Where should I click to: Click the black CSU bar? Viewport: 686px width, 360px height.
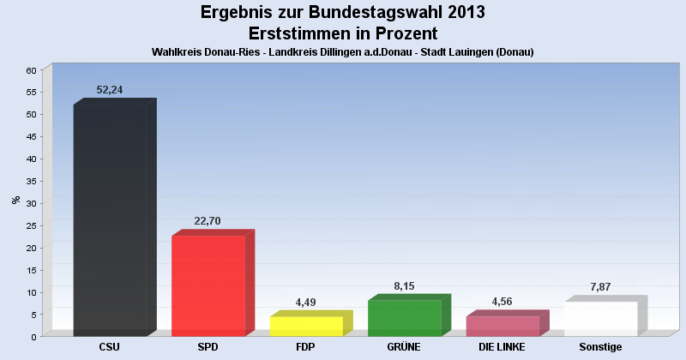tap(110, 220)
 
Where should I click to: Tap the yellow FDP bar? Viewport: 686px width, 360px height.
tap(306, 326)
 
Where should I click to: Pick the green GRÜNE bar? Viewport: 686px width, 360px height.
tap(404, 318)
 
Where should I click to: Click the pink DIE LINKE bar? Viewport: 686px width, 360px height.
tap(502, 326)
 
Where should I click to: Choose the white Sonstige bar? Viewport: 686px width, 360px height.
tap(600, 319)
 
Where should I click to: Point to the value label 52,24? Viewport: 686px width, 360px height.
tap(110, 89)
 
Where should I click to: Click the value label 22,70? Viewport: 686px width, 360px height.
tap(208, 220)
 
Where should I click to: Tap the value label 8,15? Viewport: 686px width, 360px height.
tap(404, 285)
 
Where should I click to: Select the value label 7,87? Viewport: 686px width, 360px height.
tap(600, 286)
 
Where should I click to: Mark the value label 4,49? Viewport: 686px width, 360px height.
tap(306, 302)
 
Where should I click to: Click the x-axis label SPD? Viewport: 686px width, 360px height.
tap(208, 347)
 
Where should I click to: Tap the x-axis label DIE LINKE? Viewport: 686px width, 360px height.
tap(502, 347)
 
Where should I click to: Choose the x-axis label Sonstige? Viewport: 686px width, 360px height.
tap(600, 347)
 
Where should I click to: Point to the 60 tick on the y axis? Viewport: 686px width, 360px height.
tap(31, 69)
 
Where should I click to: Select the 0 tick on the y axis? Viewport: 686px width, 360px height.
tap(33, 337)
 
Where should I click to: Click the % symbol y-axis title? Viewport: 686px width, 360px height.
tap(16, 200)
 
